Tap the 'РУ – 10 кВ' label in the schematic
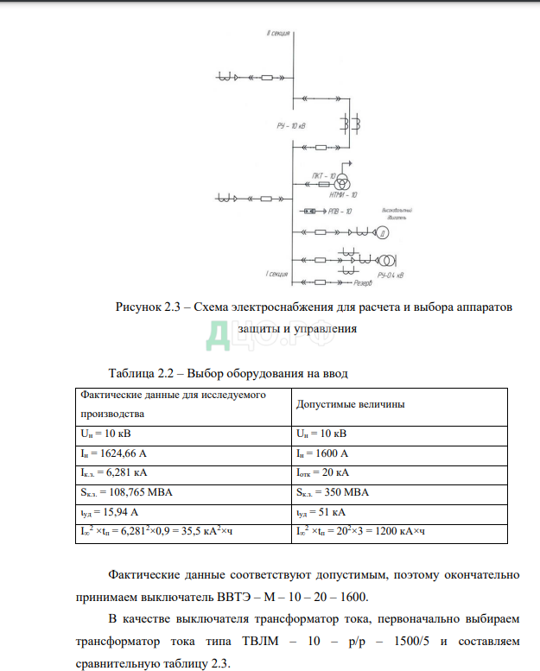click(x=291, y=126)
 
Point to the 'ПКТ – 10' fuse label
click(x=324, y=175)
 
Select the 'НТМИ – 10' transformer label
click(x=343, y=195)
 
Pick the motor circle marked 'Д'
click(x=381, y=233)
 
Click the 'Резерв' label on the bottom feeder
click(x=363, y=282)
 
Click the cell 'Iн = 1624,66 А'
click(x=113, y=453)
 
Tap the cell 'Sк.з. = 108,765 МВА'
click(x=123, y=492)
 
